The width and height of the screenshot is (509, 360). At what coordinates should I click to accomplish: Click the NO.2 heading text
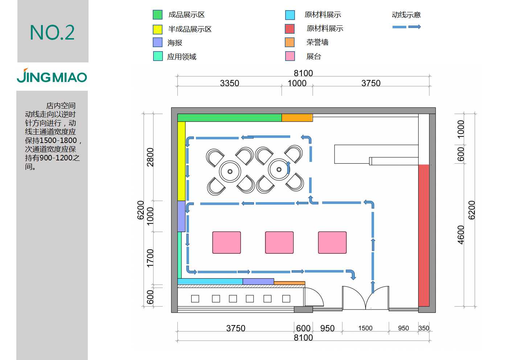[52, 33]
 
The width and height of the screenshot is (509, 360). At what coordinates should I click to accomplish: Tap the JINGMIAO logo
[52, 76]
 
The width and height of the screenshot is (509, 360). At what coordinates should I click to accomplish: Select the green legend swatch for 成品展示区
[157, 15]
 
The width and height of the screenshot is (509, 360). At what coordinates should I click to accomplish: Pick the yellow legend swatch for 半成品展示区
[157, 29]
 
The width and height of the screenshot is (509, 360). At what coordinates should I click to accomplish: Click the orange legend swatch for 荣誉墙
[290, 42]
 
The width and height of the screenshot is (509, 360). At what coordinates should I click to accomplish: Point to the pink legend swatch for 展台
[290, 56]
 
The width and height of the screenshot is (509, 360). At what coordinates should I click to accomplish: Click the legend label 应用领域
[182, 57]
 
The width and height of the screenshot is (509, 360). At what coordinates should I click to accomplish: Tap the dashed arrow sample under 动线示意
[406, 27]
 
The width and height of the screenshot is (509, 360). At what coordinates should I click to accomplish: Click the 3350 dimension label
[229, 83]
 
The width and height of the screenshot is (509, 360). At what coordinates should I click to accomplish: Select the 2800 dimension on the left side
[150, 157]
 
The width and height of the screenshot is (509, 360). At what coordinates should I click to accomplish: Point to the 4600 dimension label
[461, 235]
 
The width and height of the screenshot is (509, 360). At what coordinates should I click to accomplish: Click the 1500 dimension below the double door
[365, 328]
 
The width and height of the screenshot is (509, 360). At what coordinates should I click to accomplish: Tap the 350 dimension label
[424, 328]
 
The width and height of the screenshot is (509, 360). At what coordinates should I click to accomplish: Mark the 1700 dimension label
[150, 258]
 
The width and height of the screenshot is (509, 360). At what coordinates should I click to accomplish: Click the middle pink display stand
[279, 242]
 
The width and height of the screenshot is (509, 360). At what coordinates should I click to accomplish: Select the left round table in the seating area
[230, 171]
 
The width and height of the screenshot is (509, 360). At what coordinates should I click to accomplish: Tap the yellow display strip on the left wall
[181, 161]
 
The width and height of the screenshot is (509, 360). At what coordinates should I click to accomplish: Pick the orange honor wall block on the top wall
[297, 118]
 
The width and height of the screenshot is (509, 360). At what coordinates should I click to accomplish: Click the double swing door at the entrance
[365, 298]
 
